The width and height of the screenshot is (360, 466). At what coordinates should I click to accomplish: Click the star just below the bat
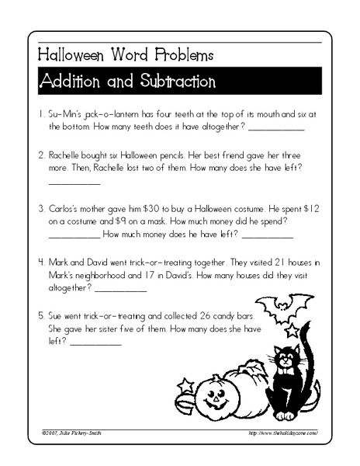coord(292,330)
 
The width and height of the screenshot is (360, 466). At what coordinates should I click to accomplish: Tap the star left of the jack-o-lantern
coord(186,384)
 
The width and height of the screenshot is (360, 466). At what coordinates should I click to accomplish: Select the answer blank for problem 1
coord(275,129)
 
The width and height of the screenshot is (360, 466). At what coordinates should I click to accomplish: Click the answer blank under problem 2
coord(74,183)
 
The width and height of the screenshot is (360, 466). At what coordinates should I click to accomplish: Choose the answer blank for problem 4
coord(120,290)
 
